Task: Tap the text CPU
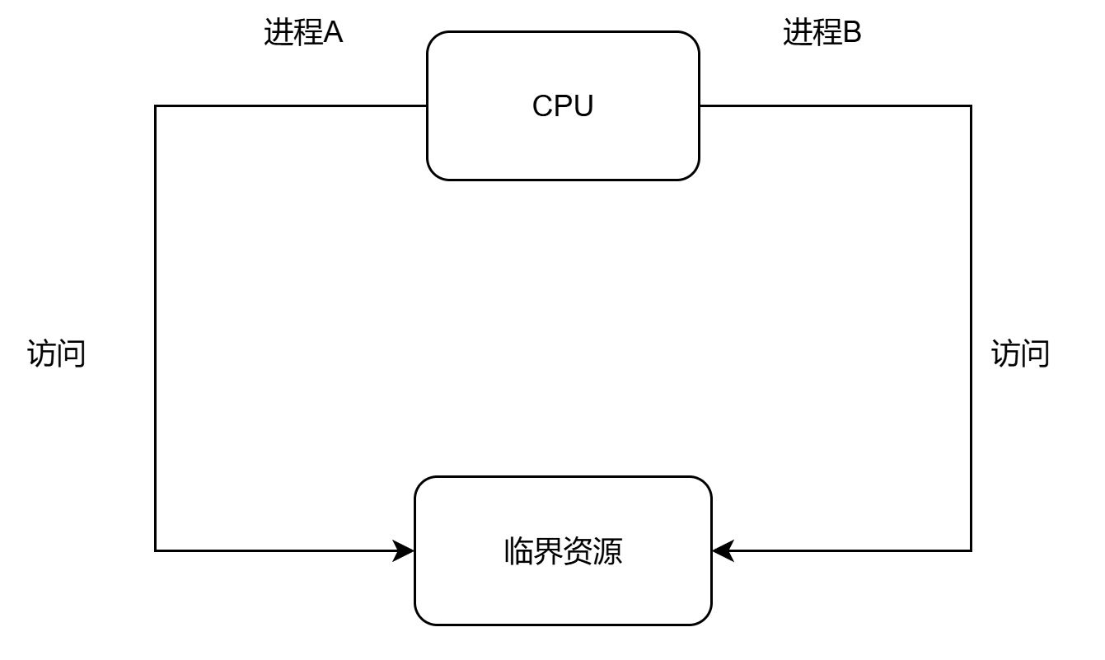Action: (x=563, y=106)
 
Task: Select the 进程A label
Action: (x=303, y=33)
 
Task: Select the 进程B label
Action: (x=822, y=33)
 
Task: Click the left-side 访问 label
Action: (x=57, y=353)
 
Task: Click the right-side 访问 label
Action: (x=1020, y=353)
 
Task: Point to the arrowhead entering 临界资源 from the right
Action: (x=721, y=550)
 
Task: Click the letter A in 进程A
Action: (x=333, y=33)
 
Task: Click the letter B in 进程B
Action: (x=852, y=33)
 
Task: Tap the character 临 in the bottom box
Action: (x=518, y=551)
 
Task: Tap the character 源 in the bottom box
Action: (x=608, y=551)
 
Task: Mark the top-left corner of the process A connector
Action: (x=156, y=106)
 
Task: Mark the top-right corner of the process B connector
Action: (x=971, y=106)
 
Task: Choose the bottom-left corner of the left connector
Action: (x=156, y=550)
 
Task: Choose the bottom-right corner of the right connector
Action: (x=971, y=550)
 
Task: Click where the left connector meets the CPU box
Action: (x=427, y=106)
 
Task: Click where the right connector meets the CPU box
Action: (x=700, y=106)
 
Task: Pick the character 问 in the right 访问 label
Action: (x=1036, y=353)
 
